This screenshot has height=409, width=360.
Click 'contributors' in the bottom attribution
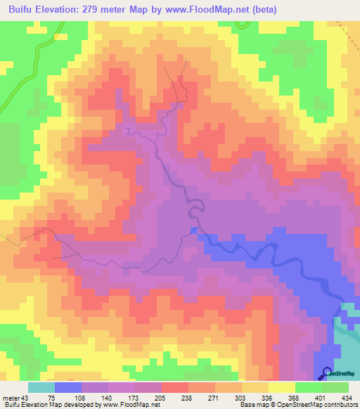click(339, 405)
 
